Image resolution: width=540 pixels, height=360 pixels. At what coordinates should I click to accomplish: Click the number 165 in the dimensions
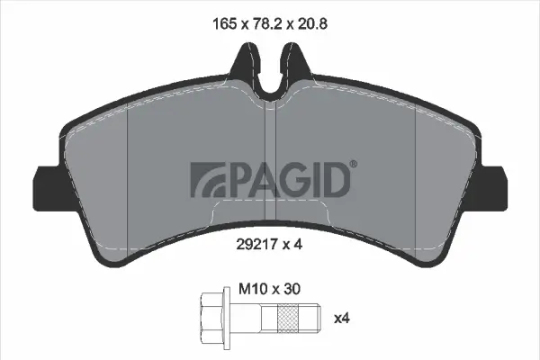click(x=224, y=24)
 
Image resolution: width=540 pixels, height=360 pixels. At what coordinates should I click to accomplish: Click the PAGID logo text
click(x=288, y=180)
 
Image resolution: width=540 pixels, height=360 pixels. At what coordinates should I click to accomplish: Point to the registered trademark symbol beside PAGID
click(x=354, y=164)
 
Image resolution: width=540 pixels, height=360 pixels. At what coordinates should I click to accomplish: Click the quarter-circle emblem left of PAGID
click(x=207, y=180)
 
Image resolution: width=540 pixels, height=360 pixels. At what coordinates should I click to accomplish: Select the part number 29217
click(x=256, y=244)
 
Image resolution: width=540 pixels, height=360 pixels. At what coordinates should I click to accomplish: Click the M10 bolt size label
click(x=253, y=290)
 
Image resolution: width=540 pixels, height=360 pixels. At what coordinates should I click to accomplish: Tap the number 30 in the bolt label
click(x=292, y=290)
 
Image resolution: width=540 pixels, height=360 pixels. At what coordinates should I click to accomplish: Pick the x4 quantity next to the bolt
click(x=342, y=319)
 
